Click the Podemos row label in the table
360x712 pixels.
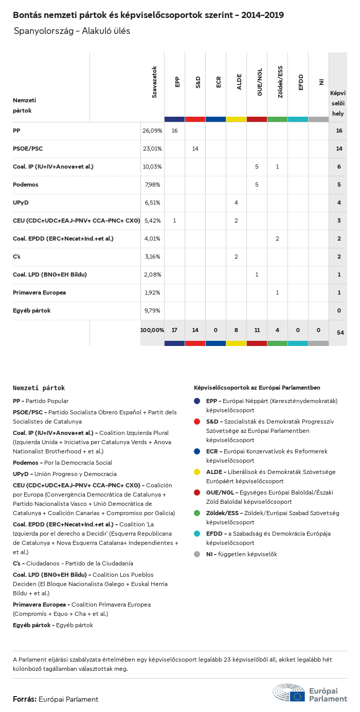pyautogui.click(x=26, y=185)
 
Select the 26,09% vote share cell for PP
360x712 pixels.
pyautogui.click(x=152, y=131)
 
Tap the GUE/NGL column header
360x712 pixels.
pyautogui.click(x=259, y=84)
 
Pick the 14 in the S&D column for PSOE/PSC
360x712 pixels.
pyautogui.click(x=195, y=149)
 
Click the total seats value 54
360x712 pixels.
pyautogui.click(x=340, y=333)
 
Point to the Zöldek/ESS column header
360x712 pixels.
pyautogui.click(x=280, y=82)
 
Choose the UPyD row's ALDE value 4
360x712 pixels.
pyautogui.click(x=236, y=203)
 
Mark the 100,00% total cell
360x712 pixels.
pyautogui.click(x=152, y=330)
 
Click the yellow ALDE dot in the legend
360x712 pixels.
pyautogui.click(x=197, y=472)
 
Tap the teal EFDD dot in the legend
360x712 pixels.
pyautogui.click(x=197, y=534)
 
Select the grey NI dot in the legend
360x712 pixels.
pyautogui.click(x=197, y=554)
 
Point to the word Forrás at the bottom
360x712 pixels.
pyautogui.click(x=24, y=699)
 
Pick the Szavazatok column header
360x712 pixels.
pyautogui.click(x=154, y=82)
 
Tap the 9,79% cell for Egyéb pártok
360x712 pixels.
pyautogui.click(x=152, y=311)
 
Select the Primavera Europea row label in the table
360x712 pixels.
pyautogui.click(x=39, y=293)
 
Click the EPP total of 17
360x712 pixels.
pyautogui.click(x=174, y=330)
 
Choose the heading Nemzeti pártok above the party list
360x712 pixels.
pyautogui.click(x=39, y=388)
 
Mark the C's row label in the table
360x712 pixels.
pyautogui.click(x=16, y=257)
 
